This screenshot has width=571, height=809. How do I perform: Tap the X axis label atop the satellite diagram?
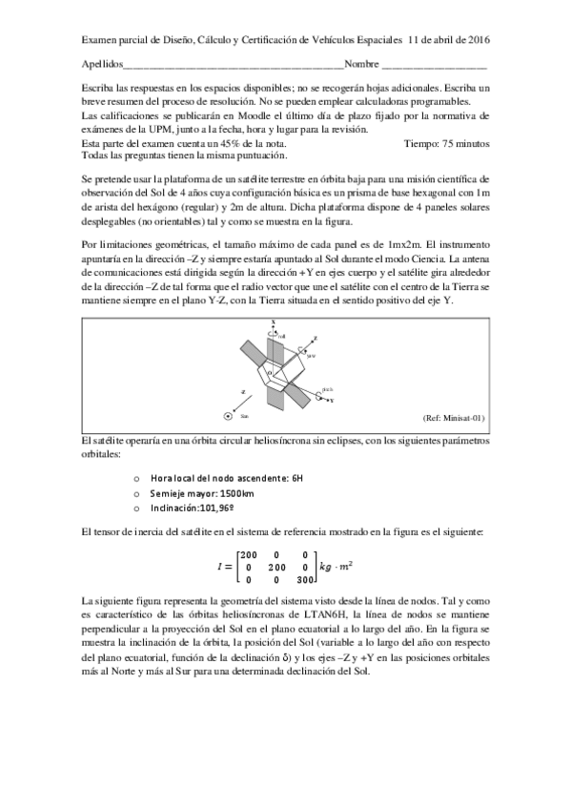tap(274, 322)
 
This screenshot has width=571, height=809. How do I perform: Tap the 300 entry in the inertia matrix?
tap(305, 578)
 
